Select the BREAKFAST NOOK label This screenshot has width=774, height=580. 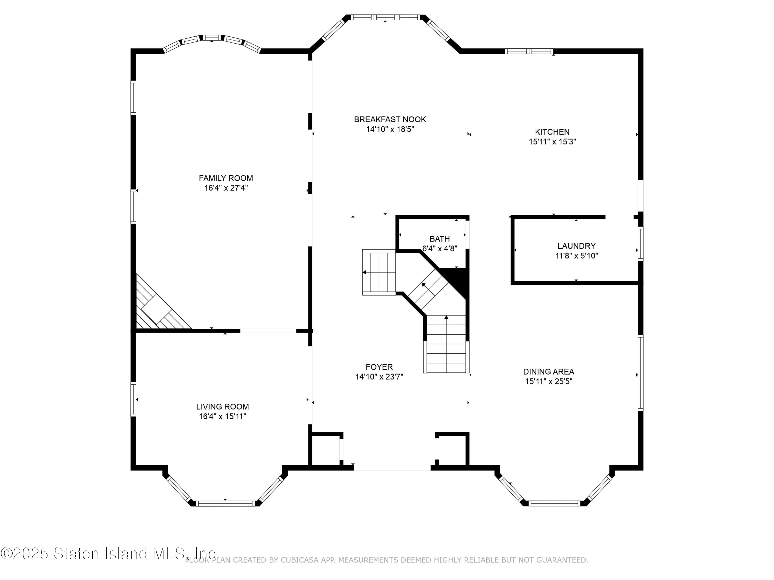tap(390, 120)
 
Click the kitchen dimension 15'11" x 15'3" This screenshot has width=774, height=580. tap(552, 142)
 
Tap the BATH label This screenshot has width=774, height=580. tap(439, 239)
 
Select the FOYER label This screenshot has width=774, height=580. tap(379, 367)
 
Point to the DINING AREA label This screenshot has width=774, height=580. tap(548, 372)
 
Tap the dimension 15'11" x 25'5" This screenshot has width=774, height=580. tap(548, 382)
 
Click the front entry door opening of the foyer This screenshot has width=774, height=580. tap(392, 467)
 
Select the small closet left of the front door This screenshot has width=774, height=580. tap(325, 451)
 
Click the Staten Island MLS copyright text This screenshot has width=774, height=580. tap(108, 554)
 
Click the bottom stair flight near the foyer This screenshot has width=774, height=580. tap(446, 344)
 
